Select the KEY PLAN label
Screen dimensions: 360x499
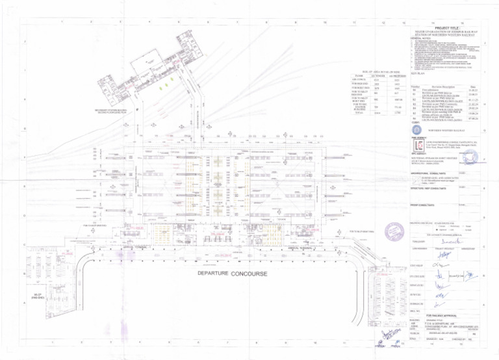[x=417, y=75]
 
